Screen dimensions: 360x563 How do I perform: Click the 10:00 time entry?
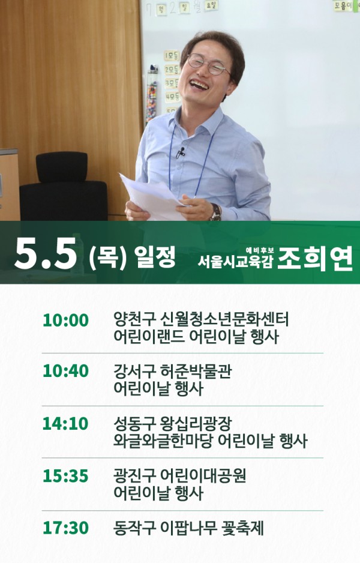click(65, 321)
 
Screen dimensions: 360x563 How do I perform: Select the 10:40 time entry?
click(65, 371)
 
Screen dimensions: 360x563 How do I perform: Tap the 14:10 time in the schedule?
click(65, 424)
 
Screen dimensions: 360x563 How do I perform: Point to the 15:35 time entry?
click(65, 476)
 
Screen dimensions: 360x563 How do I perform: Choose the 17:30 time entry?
click(65, 528)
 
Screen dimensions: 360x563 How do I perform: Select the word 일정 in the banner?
click(154, 256)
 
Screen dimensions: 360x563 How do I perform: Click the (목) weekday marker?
click(107, 257)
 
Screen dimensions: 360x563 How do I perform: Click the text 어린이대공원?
click(203, 476)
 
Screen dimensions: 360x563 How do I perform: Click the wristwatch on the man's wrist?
click(216, 212)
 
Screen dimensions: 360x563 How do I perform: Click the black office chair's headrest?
click(62, 167)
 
